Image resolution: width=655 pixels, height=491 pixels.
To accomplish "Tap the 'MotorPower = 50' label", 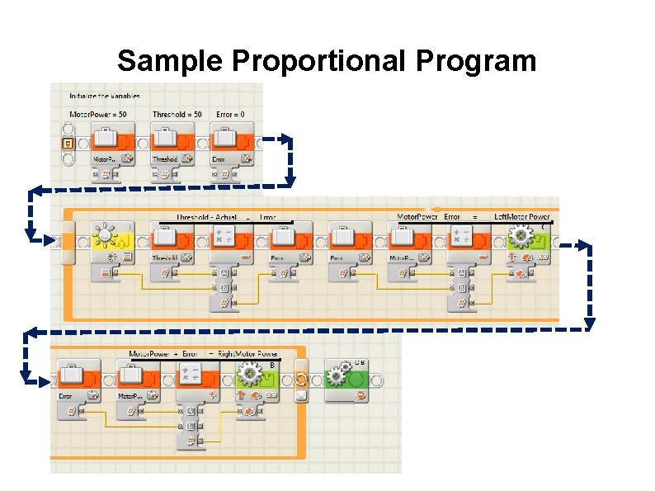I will click(97, 114).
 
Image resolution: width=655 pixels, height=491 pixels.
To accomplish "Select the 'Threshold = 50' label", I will click(177, 114).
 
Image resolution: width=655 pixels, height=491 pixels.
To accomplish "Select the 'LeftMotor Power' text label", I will click(521, 217).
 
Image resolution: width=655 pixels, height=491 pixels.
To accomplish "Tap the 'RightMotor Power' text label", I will click(247, 355).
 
